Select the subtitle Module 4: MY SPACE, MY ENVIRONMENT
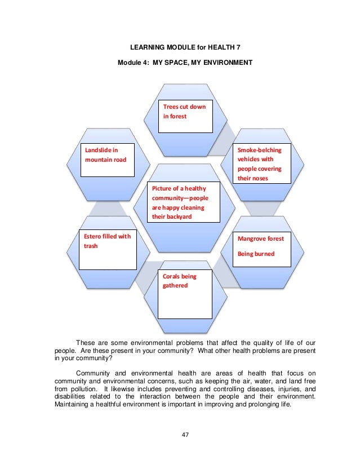(180, 63)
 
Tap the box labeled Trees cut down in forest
(185, 116)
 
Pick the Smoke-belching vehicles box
(263, 164)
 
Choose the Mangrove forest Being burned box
(263, 248)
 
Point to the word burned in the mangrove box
(264, 254)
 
